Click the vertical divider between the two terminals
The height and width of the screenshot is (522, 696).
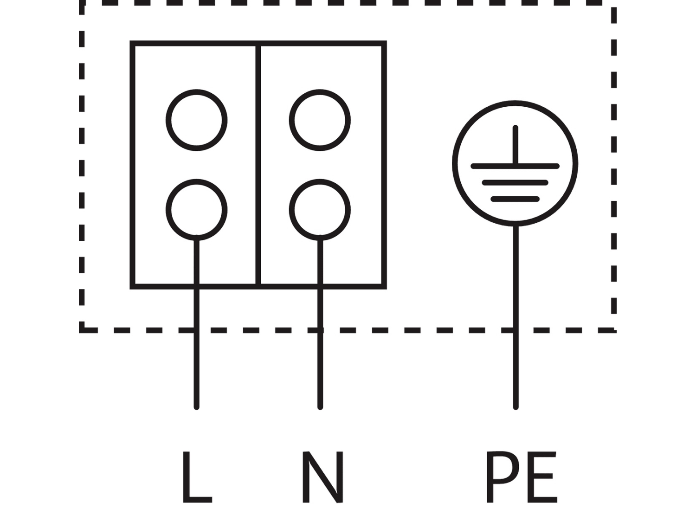pos(258,165)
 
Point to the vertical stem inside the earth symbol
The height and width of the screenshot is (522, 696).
pos(515,145)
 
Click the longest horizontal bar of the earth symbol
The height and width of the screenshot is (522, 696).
pos(515,166)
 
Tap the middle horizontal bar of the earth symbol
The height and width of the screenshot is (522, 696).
pos(515,182)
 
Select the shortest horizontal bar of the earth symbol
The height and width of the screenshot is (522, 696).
pos(515,199)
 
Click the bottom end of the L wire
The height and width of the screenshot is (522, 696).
pos(197,407)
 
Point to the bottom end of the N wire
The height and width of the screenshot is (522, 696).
pos(320,407)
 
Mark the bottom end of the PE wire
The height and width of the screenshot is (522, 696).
pos(516,407)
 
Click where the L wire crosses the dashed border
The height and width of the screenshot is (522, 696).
pos(197,330)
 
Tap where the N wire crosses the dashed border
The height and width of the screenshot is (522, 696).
pos(320,330)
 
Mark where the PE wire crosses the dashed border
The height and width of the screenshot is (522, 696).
pos(516,330)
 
